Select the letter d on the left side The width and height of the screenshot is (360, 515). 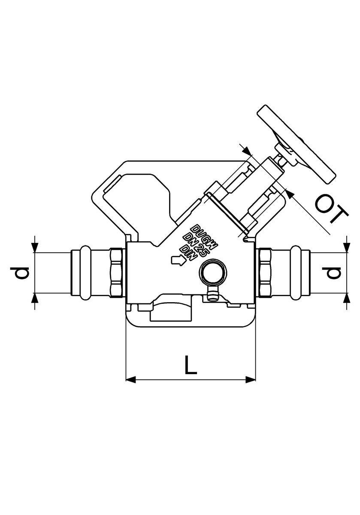[20, 273]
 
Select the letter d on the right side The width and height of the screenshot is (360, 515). [331, 273]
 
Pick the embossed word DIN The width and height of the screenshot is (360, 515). [188, 252]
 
